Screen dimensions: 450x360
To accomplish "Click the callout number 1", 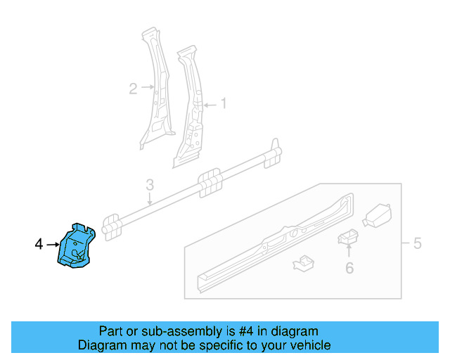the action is click(x=224, y=104).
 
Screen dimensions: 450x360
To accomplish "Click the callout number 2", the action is click(x=133, y=89).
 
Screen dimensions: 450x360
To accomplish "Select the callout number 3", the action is click(x=150, y=185).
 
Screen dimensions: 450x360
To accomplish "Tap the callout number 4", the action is click(x=39, y=244).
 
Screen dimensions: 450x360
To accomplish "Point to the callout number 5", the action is click(x=417, y=244).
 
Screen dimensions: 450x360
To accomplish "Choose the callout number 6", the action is click(x=349, y=267).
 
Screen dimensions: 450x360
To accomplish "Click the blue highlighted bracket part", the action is click(x=75, y=246).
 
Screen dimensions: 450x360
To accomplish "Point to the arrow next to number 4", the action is click(x=53, y=244).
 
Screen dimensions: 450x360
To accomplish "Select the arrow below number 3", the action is click(x=150, y=198).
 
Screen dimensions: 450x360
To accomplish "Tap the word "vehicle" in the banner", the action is click(x=310, y=345).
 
